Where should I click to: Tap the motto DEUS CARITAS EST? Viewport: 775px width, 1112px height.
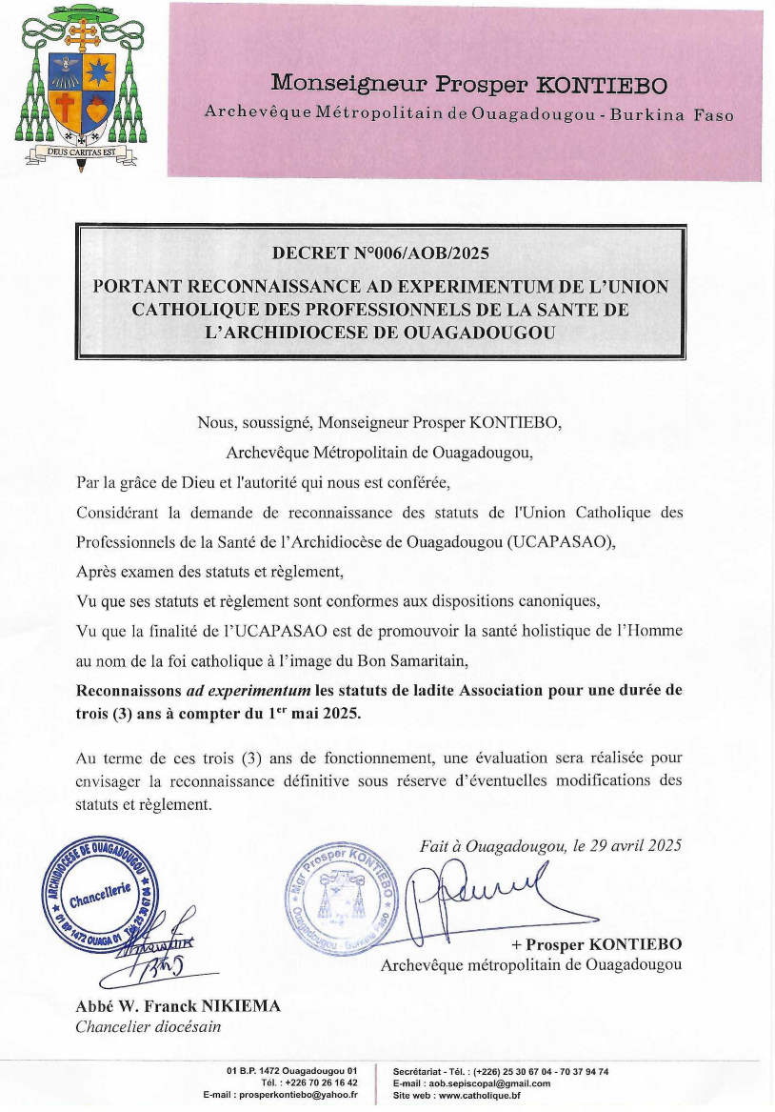tap(80, 151)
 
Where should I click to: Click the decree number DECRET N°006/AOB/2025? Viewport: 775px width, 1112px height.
tap(380, 253)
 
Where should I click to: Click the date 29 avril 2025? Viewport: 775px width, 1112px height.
tap(632, 845)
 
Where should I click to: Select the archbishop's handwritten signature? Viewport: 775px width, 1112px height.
tap(471, 893)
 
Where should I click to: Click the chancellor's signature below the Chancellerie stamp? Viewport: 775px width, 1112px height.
tap(143, 958)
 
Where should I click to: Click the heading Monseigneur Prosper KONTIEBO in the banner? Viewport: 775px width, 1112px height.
tap(469, 84)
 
